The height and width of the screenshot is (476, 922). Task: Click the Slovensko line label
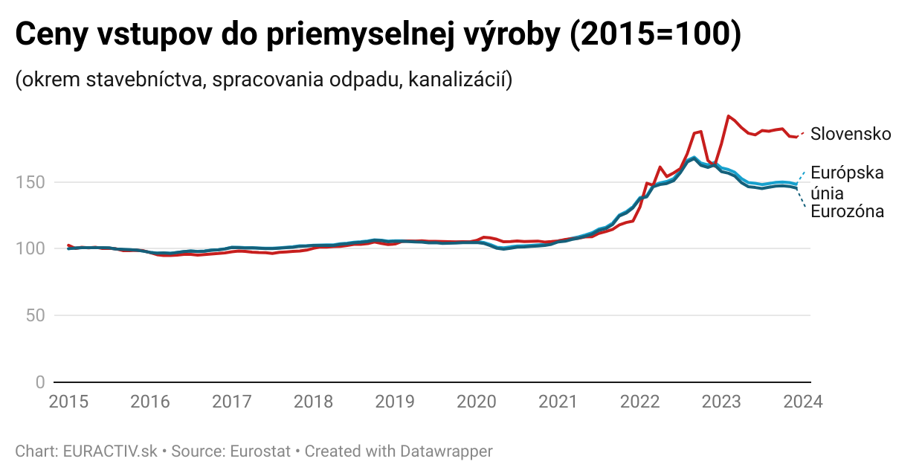850,134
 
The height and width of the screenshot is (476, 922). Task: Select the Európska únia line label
847,182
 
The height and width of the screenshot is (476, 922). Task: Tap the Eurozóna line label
847,212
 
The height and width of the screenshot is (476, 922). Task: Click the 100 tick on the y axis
30,248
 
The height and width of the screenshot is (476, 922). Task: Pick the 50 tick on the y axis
35,315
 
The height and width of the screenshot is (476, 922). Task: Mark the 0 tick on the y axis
40,382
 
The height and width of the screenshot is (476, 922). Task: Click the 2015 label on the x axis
68,402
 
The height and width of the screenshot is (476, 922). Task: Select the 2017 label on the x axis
231,402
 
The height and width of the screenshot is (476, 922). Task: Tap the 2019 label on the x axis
395,402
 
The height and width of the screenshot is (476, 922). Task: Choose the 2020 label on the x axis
477,402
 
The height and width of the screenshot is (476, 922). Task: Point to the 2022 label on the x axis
639,402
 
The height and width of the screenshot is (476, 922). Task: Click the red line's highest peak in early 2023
728,116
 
